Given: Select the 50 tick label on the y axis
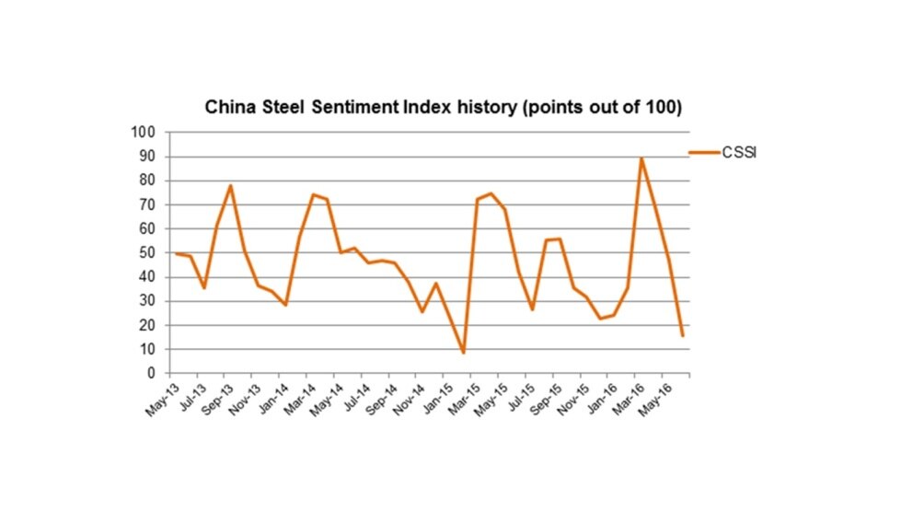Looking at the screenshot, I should (x=147, y=253).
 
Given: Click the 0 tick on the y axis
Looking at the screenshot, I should (x=151, y=374).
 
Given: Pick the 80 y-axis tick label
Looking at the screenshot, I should (x=147, y=180).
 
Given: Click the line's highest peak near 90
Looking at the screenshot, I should (x=641, y=158).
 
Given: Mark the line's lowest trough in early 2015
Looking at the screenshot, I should (x=464, y=353).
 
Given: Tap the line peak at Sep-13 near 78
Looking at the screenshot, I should (x=231, y=186).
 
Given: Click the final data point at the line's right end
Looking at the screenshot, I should (x=682, y=336).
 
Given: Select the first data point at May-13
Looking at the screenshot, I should (x=176, y=253).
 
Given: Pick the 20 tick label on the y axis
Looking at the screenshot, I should (x=147, y=326).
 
